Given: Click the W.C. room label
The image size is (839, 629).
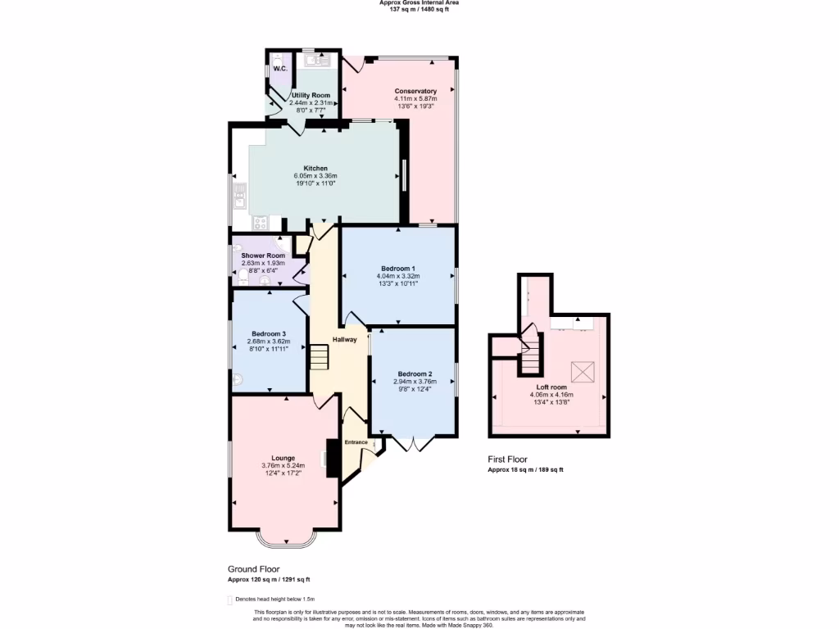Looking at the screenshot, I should pos(279,69).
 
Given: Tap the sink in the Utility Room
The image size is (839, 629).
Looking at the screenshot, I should pos(315,58).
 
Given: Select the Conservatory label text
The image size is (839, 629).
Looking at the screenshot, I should pos(415,91).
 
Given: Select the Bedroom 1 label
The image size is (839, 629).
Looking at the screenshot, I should pos(398,269).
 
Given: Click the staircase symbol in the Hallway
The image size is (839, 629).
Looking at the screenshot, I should pos(318,357).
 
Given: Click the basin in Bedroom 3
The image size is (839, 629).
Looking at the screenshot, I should pos(237,379).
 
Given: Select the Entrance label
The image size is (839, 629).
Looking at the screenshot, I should pos(356,442).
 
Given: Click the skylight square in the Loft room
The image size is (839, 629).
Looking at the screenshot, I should pos(583,372).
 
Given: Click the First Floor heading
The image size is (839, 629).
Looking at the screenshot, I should pos(508,459).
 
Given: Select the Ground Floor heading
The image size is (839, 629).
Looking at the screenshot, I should pos(253,568).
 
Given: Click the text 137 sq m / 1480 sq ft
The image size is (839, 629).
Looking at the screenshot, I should pos(419,9).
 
